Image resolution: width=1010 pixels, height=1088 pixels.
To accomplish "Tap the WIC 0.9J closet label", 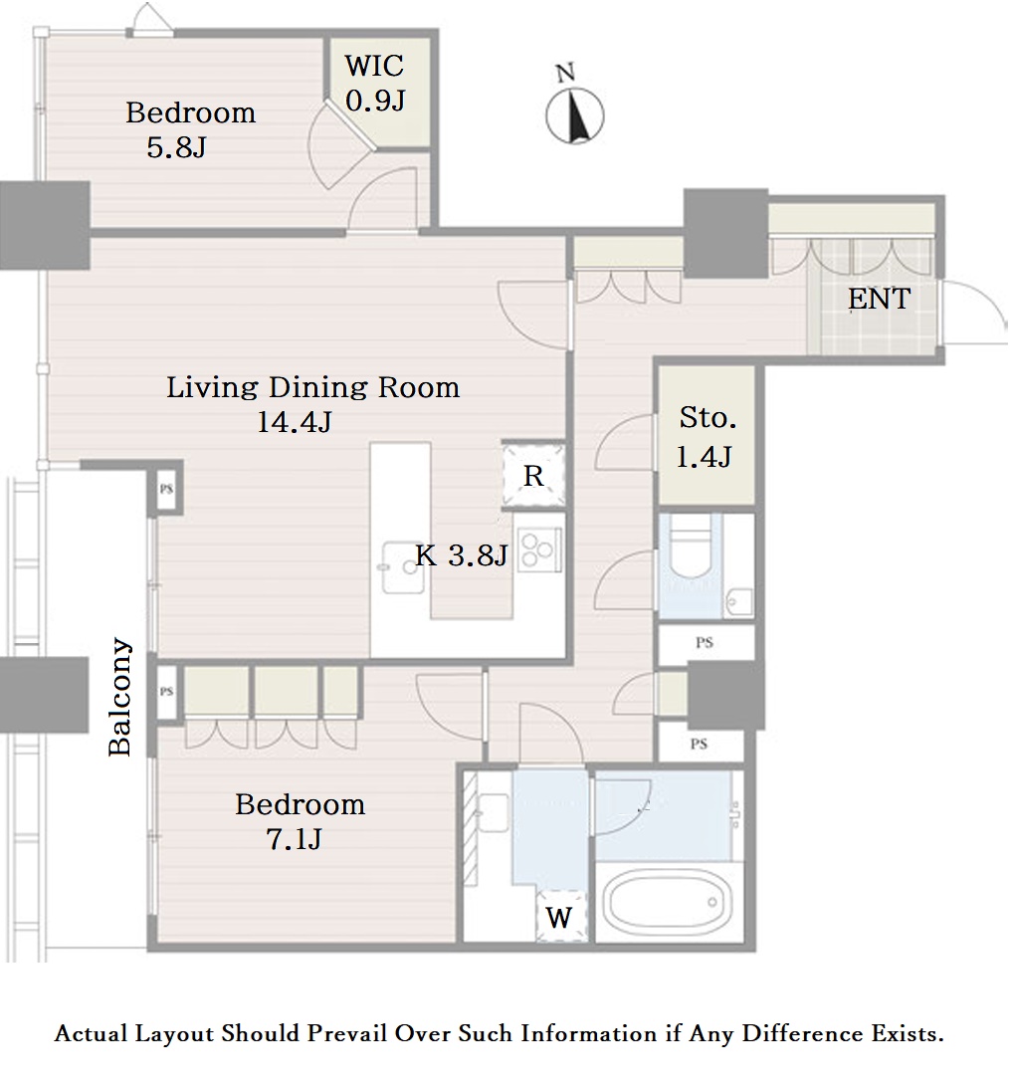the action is tap(375, 84).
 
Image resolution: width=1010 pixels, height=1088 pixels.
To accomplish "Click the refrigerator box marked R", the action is tap(532, 475).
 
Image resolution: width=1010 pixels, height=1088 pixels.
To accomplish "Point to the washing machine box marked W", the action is tap(561, 916).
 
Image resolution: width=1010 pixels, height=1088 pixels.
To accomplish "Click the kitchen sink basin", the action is tap(402, 567).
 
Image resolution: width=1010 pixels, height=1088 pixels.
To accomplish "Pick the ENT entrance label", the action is tap(879, 299).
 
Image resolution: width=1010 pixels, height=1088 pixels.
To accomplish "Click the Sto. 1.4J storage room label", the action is tap(707, 437).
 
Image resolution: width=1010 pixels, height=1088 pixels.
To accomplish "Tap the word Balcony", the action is tap(120, 697).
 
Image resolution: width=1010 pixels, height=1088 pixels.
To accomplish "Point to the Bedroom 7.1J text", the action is tap(300, 821).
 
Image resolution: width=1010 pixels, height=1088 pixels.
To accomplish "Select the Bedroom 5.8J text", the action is tap(190, 129).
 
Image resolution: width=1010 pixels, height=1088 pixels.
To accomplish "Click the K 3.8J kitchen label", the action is tap(462, 555).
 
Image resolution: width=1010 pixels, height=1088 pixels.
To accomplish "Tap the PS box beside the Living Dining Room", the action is tap(166, 489).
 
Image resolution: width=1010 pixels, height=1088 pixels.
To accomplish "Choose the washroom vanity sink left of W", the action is tap(493, 813).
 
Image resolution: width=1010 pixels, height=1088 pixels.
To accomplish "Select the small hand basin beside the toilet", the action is tap(739, 603).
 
